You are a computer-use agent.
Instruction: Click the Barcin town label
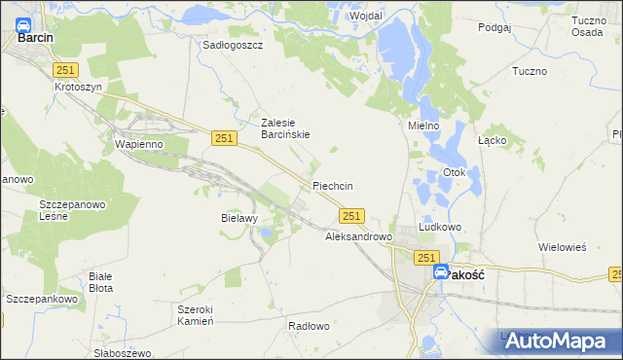[x=35, y=40]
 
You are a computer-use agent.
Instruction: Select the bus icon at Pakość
[x=441, y=274]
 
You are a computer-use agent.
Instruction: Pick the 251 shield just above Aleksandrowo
[x=352, y=216]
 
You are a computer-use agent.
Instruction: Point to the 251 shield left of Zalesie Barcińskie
[x=223, y=139]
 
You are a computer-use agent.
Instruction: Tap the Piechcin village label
[x=332, y=186]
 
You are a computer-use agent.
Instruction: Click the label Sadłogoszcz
[x=233, y=45]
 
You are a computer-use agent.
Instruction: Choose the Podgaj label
[x=495, y=27]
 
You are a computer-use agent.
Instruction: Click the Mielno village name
[x=423, y=126]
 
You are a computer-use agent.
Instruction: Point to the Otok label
[x=456, y=173]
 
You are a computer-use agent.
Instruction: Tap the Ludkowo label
[x=439, y=227]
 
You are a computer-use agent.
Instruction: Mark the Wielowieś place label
[x=563, y=247]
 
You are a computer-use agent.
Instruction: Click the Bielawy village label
[x=238, y=218]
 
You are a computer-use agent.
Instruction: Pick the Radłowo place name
[x=310, y=326]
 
